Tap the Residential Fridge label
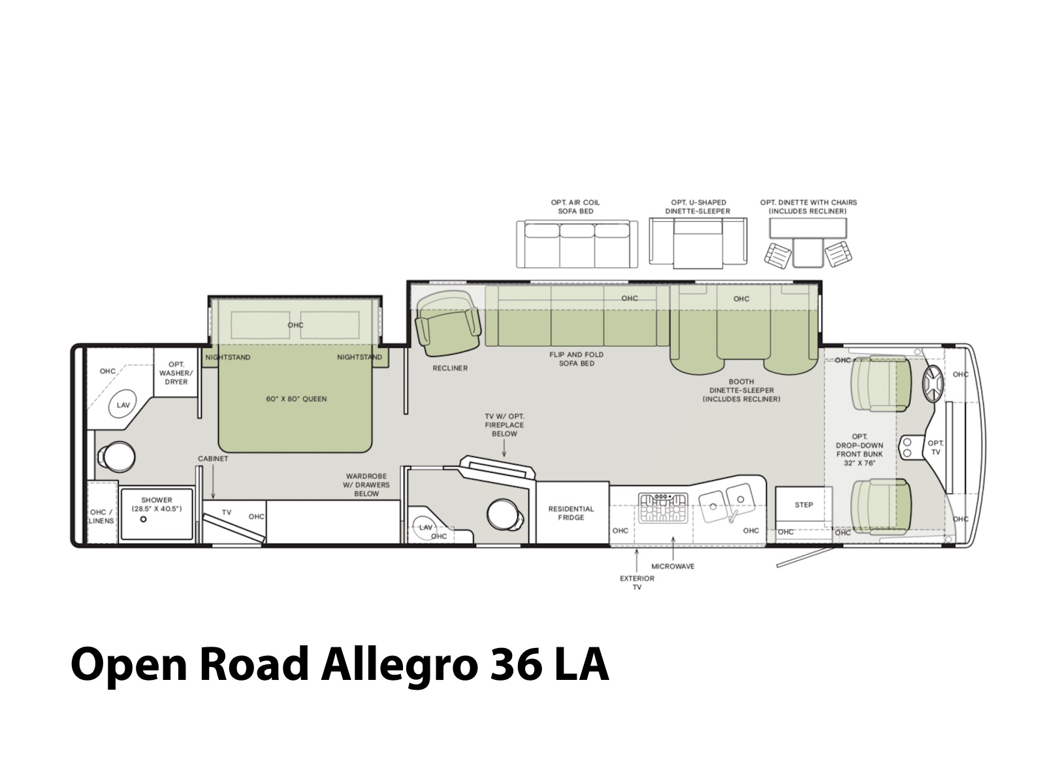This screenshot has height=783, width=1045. [x=571, y=513]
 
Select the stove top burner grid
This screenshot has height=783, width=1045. [x=663, y=508]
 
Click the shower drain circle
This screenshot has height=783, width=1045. [x=143, y=519]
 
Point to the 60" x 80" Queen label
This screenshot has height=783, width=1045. [x=296, y=399]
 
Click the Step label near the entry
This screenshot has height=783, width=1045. [x=803, y=505]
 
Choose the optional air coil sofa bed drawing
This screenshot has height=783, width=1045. [x=577, y=244]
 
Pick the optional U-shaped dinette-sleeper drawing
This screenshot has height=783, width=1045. [x=698, y=243]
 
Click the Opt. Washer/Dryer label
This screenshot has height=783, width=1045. [x=176, y=373]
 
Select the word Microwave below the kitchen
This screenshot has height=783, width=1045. [x=673, y=566]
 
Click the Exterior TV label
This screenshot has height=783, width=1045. [x=637, y=583]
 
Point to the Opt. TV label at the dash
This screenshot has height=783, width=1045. [x=935, y=448]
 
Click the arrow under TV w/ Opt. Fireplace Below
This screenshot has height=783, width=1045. [x=504, y=448]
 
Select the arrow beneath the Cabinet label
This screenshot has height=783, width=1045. [x=213, y=482]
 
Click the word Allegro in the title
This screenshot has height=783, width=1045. [x=400, y=664]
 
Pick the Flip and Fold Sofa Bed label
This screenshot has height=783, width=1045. [x=577, y=359]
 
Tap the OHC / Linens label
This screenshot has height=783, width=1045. [x=101, y=516]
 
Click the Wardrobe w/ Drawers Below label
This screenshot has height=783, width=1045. [x=366, y=485]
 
